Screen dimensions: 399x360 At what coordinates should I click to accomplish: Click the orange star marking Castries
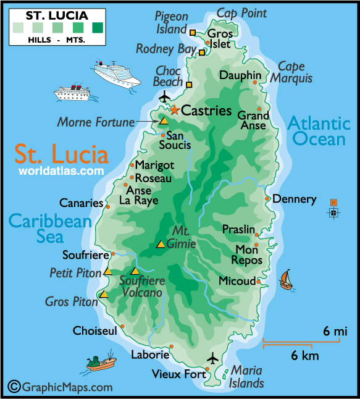tap(174, 110)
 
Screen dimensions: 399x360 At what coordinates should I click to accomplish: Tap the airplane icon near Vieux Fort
tap(213, 358)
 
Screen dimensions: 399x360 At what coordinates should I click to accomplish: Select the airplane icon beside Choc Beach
tap(164, 96)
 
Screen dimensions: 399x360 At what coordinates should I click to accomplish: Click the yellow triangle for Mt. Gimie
tap(161, 244)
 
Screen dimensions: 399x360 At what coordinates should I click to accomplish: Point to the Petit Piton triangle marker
tap(107, 272)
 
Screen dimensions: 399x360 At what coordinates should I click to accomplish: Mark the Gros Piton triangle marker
tap(104, 295)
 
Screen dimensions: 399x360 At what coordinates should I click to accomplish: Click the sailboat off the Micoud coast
tap(285, 279)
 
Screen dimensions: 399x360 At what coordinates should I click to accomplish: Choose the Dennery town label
tap(294, 199)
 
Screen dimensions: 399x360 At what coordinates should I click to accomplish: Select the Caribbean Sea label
tap(50, 228)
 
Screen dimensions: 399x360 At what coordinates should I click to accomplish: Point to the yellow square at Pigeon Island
tap(193, 32)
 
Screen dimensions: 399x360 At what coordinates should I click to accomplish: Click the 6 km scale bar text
tap(305, 356)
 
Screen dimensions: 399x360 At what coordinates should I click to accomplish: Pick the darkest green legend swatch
tap(98, 27)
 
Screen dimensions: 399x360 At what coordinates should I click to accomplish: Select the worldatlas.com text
tap(61, 170)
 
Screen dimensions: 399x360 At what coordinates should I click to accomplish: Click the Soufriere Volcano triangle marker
tap(135, 271)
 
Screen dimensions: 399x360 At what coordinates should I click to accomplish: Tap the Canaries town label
tap(81, 203)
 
